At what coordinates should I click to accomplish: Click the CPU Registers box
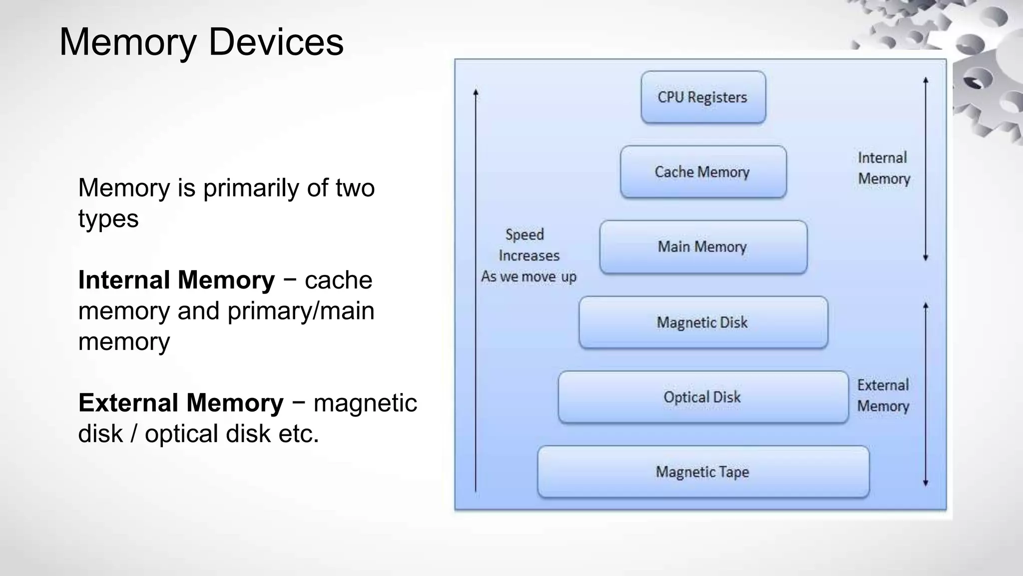[x=703, y=97]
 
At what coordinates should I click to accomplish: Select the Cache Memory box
[x=703, y=172]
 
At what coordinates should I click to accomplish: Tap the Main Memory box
[x=703, y=246]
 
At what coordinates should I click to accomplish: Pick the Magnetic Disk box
[x=703, y=322]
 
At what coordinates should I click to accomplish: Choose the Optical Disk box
[x=703, y=397]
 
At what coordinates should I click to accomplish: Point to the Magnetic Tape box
[x=703, y=471]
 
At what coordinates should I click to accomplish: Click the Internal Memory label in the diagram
[x=884, y=168]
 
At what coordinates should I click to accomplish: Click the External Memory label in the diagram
[x=883, y=395]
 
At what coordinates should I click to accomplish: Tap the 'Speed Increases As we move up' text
[x=528, y=255]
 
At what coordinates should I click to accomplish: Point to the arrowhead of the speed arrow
[x=476, y=92]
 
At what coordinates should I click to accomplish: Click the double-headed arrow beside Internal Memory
[x=926, y=169]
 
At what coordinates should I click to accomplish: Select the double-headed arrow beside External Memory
[x=926, y=394]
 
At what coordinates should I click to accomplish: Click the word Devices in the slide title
[x=276, y=41]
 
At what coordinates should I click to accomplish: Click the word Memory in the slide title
[x=128, y=41]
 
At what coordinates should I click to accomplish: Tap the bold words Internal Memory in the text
[x=176, y=280]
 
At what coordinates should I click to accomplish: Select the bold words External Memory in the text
[x=181, y=403]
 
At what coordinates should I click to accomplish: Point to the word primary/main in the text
[x=301, y=311]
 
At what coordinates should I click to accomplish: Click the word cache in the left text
[x=338, y=280]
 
